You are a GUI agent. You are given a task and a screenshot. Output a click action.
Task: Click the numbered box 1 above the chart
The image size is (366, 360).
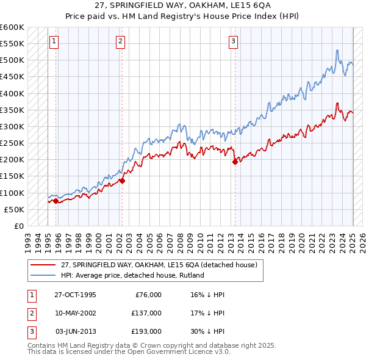coord(54,41)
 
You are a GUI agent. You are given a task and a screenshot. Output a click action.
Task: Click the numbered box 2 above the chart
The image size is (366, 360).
coord(121,41)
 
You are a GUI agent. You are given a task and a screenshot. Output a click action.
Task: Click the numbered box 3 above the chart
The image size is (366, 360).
coord(234,41)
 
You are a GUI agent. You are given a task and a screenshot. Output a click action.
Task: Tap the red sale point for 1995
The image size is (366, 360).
coord(56,200)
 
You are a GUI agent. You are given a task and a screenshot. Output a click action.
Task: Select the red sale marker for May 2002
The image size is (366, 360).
coord(122,181)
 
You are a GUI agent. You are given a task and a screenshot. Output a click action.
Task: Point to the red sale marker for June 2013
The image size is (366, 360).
coord(235,162)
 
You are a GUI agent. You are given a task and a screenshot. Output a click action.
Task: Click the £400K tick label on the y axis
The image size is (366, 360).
coord(12,93)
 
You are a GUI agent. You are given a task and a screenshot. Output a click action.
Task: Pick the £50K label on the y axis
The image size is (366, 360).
coord(15,209)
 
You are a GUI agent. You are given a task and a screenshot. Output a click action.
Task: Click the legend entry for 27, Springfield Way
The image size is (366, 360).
coord(159,265)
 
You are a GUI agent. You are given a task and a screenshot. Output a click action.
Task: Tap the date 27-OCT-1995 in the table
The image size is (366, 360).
coord(75,295)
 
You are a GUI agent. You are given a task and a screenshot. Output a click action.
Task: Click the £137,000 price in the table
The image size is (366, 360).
coord(146,313)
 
